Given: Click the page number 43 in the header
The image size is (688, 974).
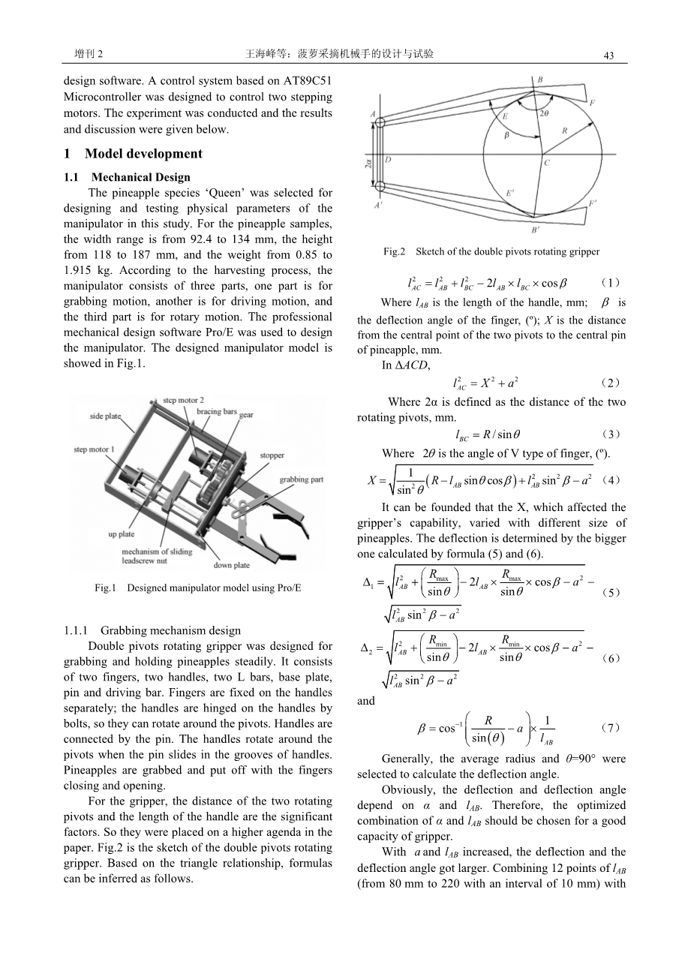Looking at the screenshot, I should click(x=608, y=56).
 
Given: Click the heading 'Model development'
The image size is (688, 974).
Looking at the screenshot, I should click(x=143, y=154).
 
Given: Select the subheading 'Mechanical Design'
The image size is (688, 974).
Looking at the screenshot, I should click(x=152, y=178).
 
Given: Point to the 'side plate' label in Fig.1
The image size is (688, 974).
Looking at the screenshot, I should click(x=106, y=416).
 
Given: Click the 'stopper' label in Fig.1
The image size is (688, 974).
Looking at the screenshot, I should click(x=271, y=455).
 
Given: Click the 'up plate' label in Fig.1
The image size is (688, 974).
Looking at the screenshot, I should click(x=121, y=534).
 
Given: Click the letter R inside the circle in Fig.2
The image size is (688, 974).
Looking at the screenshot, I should click(x=564, y=131).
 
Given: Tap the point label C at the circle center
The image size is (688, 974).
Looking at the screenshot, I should click(x=546, y=162).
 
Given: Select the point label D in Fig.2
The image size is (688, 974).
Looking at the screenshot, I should click(x=387, y=160).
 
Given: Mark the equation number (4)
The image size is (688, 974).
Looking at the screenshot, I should click(x=611, y=479).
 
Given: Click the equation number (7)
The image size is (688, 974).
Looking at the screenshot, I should click(x=611, y=727).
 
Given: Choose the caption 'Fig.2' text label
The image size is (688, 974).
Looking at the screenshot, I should click(x=394, y=251).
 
